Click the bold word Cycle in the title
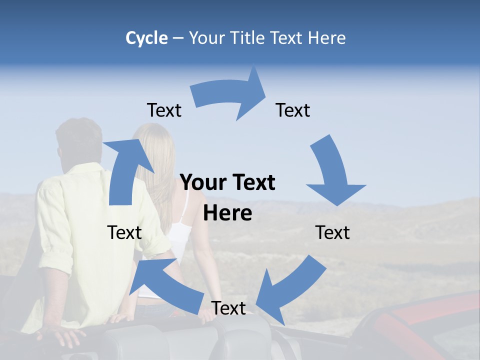pos(146,38)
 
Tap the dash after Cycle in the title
pos(177,38)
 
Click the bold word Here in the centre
pos(227,213)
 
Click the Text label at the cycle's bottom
pos(228,308)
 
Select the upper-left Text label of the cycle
pos(164,110)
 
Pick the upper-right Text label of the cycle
pos(293,110)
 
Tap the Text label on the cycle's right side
pos(332,232)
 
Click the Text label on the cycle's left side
pos(124,232)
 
